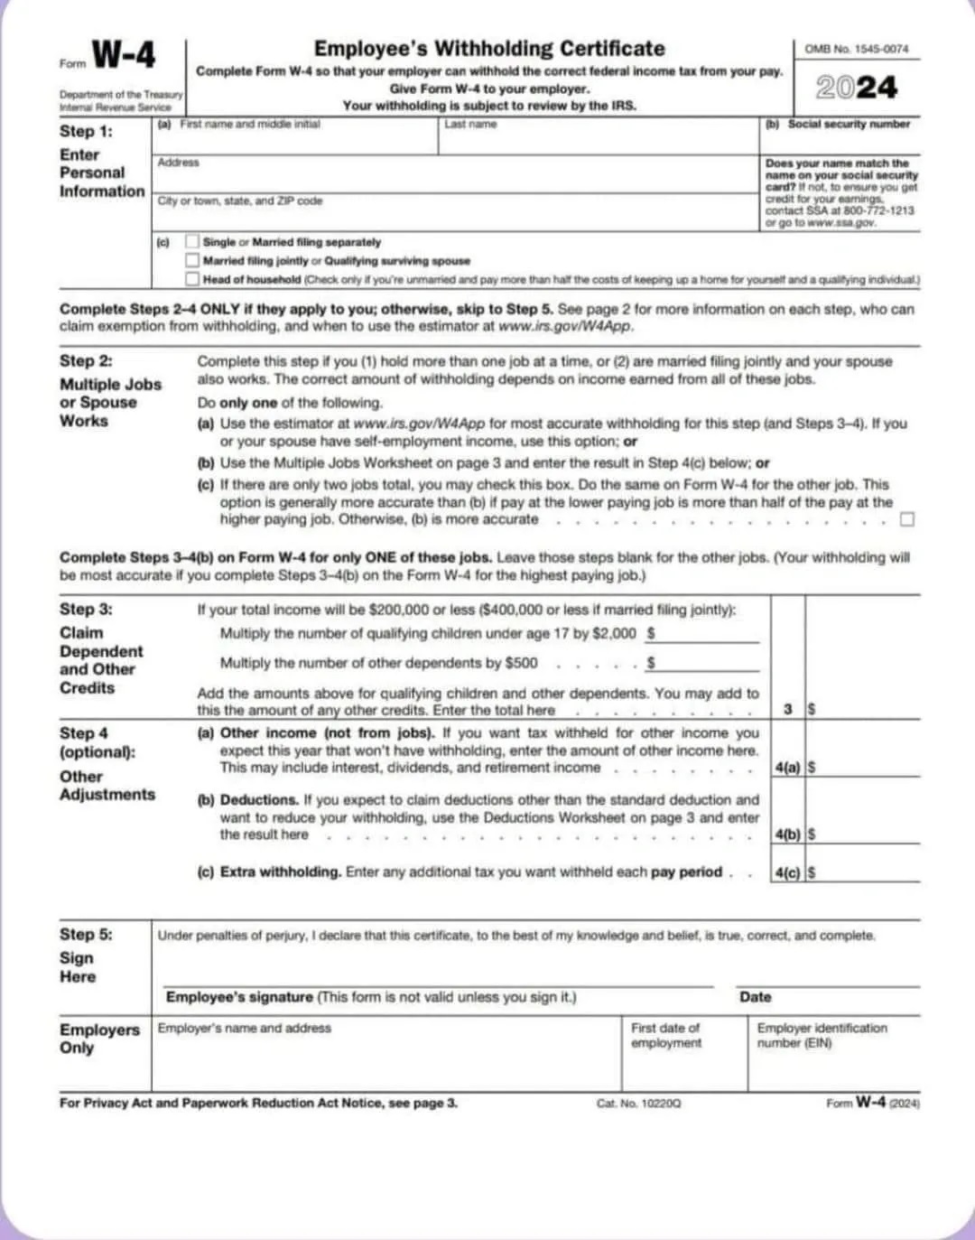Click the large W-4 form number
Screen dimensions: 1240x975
tap(124, 56)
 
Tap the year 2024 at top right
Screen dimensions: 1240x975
tap(857, 88)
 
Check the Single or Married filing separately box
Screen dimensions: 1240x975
tap(192, 242)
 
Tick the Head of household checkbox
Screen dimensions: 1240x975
tap(192, 279)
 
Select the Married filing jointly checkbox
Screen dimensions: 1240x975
tap(192, 261)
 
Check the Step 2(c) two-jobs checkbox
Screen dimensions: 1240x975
tap(907, 519)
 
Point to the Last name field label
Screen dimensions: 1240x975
tap(470, 124)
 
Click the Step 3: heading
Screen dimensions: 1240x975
tap(86, 610)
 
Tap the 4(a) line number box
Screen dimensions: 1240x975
tap(787, 768)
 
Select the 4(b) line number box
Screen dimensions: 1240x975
tap(787, 834)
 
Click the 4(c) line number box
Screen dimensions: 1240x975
tap(787, 872)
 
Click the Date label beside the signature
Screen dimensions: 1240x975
tap(755, 997)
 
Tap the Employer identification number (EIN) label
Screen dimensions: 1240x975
tap(822, 1035)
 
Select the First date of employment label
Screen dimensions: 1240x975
tap(666, 1035)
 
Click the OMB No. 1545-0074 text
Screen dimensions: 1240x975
tap(856, 49)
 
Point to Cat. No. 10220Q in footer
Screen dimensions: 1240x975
tap(638, 1104)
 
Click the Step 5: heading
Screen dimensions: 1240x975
tap(86, 935)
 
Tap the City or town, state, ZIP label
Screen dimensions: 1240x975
tap(239, 200)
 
